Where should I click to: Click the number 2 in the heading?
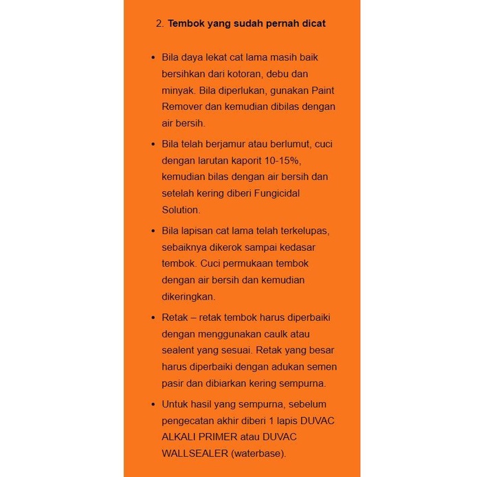coord(159,23)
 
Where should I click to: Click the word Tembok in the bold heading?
coord(186,23)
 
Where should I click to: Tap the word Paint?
coord(323,90)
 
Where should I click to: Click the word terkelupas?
coord(302,230)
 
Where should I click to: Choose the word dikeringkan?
coord(188,296)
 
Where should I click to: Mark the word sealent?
coord(179,351)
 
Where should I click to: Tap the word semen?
coord(322,367)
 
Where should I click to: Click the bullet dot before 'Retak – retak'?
coord(153,318)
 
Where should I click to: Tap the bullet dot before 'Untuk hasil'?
coord(153,404)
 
